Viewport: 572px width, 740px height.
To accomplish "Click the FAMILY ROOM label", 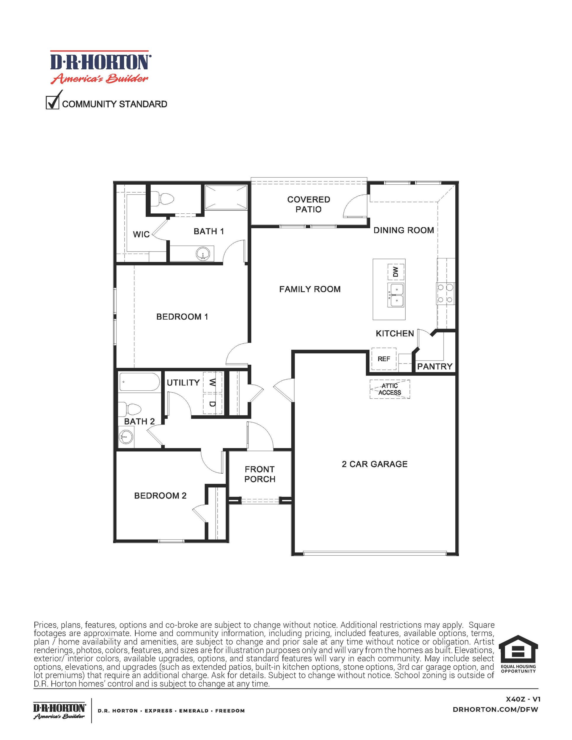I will click(x=310, y=289).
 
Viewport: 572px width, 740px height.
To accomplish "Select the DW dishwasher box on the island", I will click(x=396, y=271).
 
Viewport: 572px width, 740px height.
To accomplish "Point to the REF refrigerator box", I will click(x=384, y=359).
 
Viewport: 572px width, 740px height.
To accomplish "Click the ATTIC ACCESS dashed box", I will click(x=390, y=389).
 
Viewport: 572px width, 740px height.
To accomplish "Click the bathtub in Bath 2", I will click(x=139, y=382).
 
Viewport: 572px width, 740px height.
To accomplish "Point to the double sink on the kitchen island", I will click(x=396, y=295).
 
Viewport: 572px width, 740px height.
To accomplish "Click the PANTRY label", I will click(x=435, y=366).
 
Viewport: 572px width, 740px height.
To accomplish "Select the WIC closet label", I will click(x=141, y=234).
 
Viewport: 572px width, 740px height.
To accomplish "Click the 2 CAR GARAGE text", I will click(x=375, y=464).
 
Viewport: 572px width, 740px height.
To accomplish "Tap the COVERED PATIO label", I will click(x=309, y=204).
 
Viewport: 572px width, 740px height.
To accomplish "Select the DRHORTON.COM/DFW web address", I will click(x=495, y=710).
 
